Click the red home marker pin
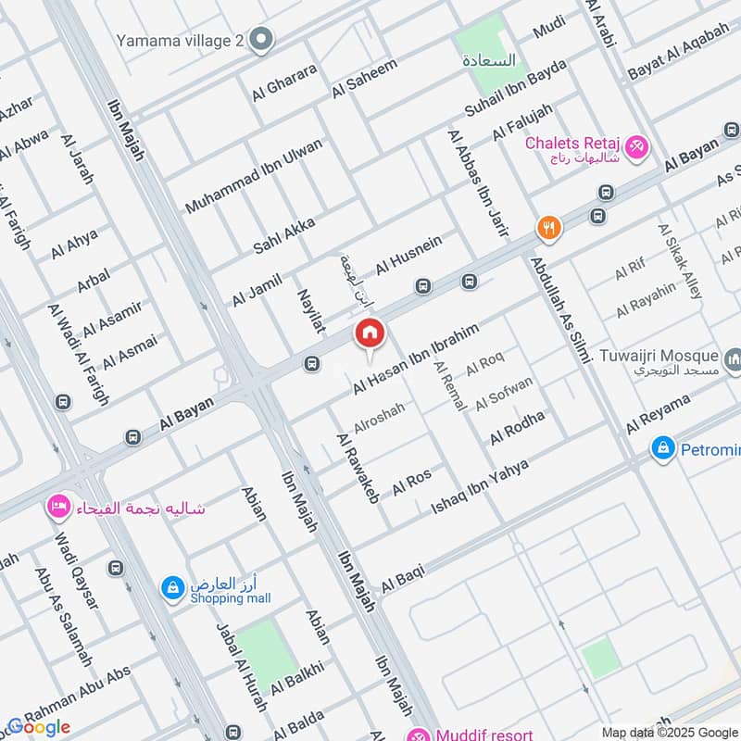[x=370, y=333]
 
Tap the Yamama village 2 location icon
[x=262, y=40]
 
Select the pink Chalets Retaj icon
[x=636, y=145]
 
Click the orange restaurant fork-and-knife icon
[x=549, y=228]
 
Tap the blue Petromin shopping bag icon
[x=662, y=449]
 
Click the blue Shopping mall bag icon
[x=172, y=587]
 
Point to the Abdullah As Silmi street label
[x=559, y=310]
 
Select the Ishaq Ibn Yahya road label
[x=480, y=486]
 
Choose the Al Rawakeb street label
[x=358, y=469]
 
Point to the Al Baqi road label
[x=403, y=577]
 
